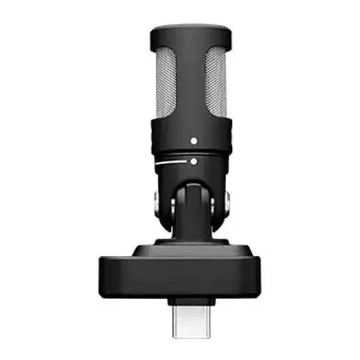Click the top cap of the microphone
tap(190, 33)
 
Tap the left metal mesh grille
tap(166, 82)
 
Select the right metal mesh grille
tap(216, 82)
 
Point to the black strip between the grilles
tap(191, 82)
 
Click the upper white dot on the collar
tap(193, 141)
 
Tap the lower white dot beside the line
tap(193, 161)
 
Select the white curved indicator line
tap(170, 163)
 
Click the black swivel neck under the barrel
tap(192, 216)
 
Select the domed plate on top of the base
tap(192, 250)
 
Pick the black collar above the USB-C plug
tap(191, 300)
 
